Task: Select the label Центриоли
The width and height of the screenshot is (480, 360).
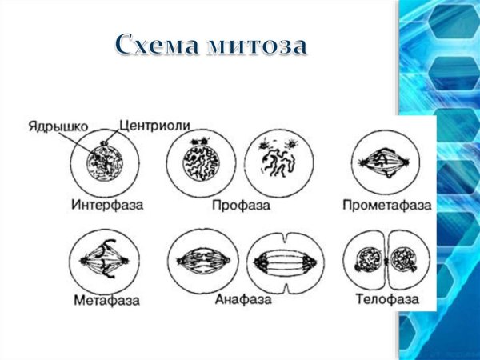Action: click(154, 126)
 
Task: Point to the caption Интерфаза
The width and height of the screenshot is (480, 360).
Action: click(107, 205)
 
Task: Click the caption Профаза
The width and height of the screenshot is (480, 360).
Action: click(241, 205)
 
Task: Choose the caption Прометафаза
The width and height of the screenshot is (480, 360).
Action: click(387, 205)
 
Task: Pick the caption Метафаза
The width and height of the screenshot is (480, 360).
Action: click(105, 302)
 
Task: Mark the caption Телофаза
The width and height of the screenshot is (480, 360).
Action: click(388, 302)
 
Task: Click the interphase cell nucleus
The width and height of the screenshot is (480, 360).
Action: click(106, 166)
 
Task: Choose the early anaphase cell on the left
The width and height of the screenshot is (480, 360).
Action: click(202, 261)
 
